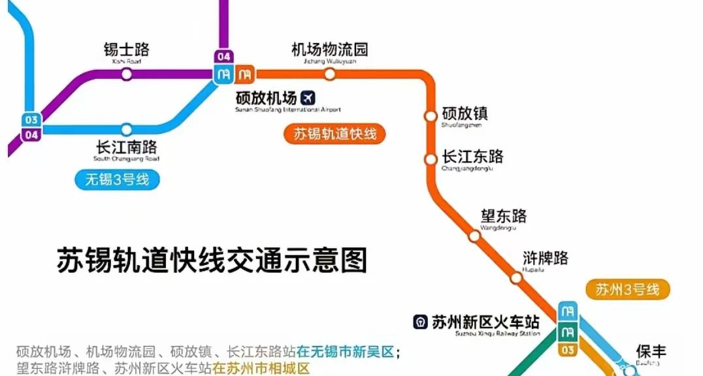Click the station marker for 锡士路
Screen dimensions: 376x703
coord(127,74)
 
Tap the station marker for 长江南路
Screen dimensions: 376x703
coord(127,129)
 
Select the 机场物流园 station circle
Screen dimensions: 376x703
coord(330,74)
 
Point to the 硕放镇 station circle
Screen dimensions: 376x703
coord(431,116)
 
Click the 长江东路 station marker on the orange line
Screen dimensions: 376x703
coord(431,159)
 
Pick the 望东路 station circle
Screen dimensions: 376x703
coord(474,236)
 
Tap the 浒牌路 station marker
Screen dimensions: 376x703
coord(516,278)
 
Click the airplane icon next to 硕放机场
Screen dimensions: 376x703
coord(308,98)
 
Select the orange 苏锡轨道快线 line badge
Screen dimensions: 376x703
coord(335,134)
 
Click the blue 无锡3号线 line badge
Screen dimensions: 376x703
coord(117,179)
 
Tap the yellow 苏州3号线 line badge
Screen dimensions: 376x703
coord(627,290)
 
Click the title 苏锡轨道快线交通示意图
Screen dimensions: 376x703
coord(212,260)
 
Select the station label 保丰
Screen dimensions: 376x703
coord(651,352)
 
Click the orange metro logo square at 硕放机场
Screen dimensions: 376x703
coord(245,74)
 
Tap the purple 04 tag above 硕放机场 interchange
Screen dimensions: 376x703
coord(224,57)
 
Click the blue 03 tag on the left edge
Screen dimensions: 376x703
coord(31,120)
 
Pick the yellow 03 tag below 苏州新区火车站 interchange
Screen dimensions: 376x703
coord(567,351)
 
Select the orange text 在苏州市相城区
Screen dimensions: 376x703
coord(261,368)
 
